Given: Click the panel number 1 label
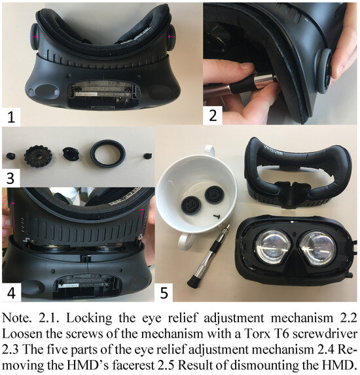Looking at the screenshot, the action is point(11,117).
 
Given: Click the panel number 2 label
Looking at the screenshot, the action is point(213,115).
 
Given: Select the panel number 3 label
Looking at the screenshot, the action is point(10,179).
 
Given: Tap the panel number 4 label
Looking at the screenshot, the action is point(11,292).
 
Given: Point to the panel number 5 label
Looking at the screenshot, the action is point(164,293).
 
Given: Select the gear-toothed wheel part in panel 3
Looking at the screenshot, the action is point(38,156).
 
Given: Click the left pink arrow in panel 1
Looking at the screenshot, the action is point(34,37).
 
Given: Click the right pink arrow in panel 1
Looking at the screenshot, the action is point(171,37).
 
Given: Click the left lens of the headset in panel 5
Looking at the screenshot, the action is point(273,247).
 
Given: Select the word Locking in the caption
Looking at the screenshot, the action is point(89,318).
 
